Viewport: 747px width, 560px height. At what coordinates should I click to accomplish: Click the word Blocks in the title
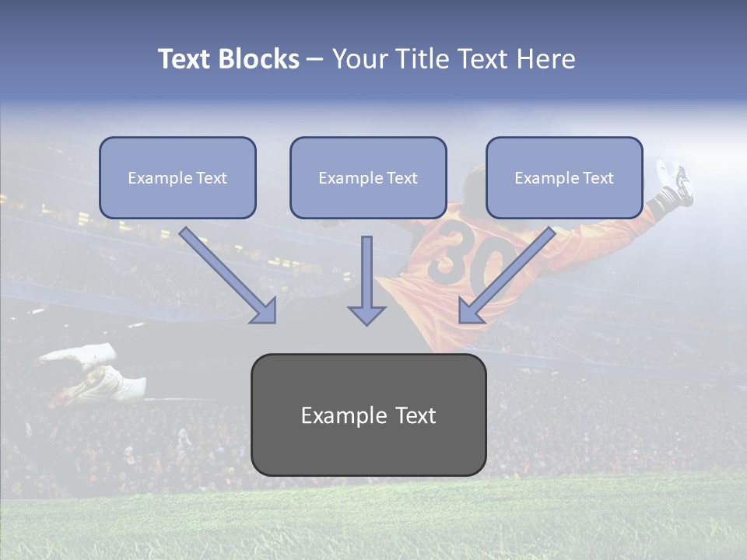click(x=259, y=59)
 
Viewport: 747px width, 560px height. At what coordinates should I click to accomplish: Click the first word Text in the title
click(x=185, y=59)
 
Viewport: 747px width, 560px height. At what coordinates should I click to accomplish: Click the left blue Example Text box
click(x=177, y=178)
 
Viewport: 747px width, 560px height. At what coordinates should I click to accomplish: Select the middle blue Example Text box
click(x=368, y=178)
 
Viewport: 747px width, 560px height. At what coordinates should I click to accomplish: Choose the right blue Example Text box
click(x=564, y=178)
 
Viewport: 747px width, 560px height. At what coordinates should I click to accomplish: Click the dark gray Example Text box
click(x=368, y=415)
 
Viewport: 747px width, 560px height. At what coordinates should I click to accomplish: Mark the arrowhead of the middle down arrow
click(x=366, y=314)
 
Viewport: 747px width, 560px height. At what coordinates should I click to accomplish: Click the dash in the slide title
click(x=315, y=59)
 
